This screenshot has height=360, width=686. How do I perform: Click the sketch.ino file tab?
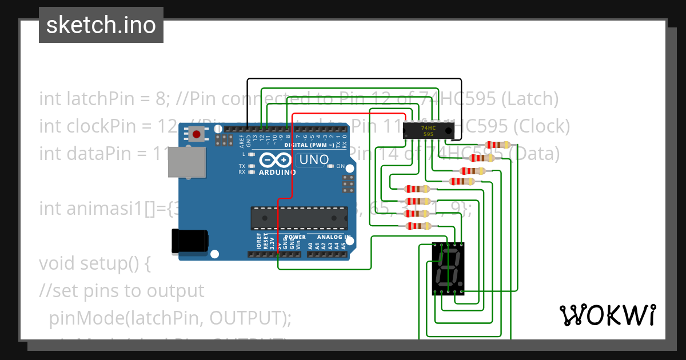[x=101, y=25]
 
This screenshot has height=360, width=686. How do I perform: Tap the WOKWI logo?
[x=607, y=315]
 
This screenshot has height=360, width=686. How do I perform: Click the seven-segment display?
[x=448, y=268]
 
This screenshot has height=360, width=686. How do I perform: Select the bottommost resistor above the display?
[x=417, y=226]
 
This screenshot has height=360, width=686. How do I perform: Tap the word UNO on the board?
[x=314, y=159]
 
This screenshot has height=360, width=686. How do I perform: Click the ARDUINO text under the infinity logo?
[x=277, y=172]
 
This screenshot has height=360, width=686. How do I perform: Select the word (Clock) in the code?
[x=539, y=126]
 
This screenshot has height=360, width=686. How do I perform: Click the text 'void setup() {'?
[x=94, y=264]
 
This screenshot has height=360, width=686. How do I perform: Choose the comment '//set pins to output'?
[x=121, y=290]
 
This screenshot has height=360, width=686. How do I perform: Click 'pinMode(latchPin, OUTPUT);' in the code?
[x=170, y=317]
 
